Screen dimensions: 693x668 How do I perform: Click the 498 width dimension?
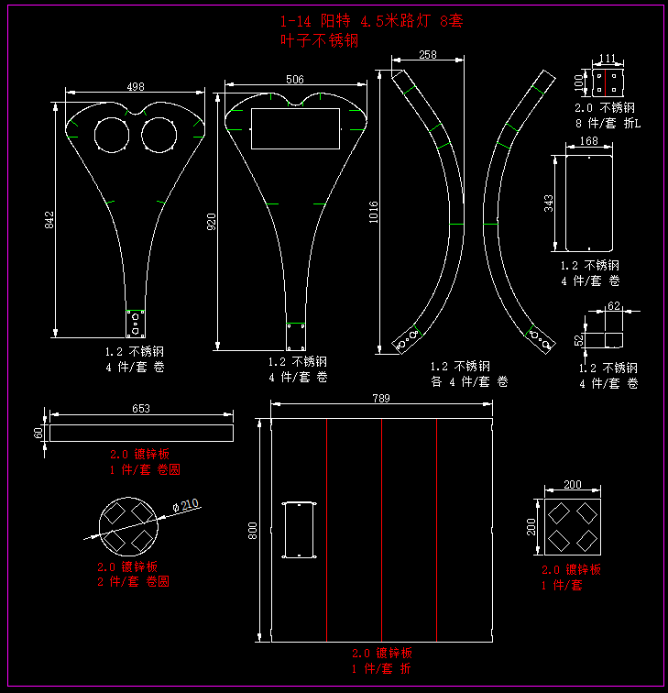click(x=136, y=87)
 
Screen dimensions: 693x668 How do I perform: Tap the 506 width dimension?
click(x=294, y=80)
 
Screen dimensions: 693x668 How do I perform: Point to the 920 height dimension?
click(x=212, y=221)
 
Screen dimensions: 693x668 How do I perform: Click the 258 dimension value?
click(x=427, y=55)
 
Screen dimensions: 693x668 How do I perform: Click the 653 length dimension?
click(x=141, y=409)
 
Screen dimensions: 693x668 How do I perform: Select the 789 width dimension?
click(x=381, y=399)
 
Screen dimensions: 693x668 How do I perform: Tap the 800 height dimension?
click(x=253, y=531)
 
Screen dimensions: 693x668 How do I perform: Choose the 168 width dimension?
click(x=589, y=141)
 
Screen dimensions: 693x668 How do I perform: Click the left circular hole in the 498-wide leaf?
click(x=113, y=135)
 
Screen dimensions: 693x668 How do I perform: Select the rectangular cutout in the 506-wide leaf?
click(x=295, y=128)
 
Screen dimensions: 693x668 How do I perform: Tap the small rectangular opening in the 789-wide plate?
click(x=300, y=529)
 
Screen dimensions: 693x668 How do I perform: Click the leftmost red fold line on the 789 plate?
click(x=327, y=530)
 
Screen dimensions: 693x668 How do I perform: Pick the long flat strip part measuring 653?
click(x=142, y=432)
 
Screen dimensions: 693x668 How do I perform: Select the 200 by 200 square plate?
click(x=572, y=526)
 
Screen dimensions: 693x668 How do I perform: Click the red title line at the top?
click(x=371, y=21)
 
